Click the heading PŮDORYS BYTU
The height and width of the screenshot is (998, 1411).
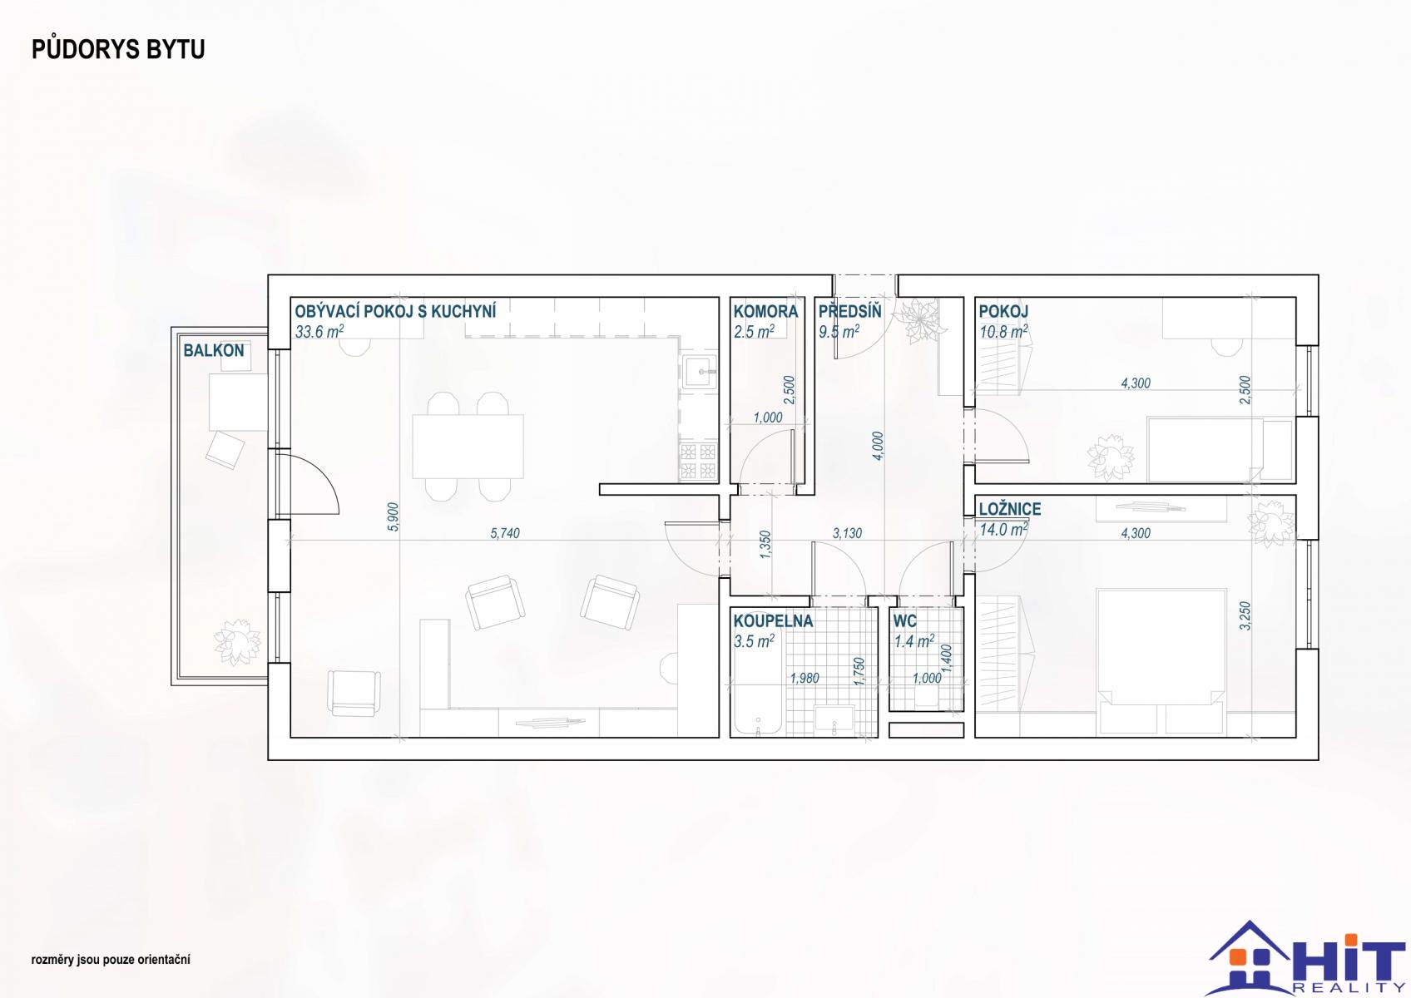click(x=118, y=49)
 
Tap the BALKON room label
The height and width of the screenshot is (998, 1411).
click(x=214, y=351)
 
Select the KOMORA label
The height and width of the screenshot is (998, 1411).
click(x=765, y=311)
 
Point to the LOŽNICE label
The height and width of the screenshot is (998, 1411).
click(x=1010, y=509)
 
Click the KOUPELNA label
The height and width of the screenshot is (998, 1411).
click(x=773, y=620)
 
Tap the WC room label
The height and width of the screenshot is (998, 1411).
click(x=904, y=621)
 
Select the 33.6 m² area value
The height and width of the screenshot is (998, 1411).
click(x=319, y=331)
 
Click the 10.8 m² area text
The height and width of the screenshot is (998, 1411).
click(x=1003, y=331)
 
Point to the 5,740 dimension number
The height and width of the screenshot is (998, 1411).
click(x=505, y=533)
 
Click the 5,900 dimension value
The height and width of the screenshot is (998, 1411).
click(x=393, y=516)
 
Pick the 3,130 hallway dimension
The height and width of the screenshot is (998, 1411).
click(x=847, y=533)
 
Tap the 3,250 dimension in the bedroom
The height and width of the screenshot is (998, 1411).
click(x=1245, y=615)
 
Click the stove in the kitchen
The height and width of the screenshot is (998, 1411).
click(x=699, y=462)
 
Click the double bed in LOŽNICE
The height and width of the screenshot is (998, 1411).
click(x=1161, y=662)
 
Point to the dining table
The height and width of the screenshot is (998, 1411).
click(x=468, y=446)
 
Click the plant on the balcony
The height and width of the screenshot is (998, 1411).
click(x=237, y=641)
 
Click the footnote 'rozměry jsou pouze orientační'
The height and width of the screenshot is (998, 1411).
click(x=111, y=960)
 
